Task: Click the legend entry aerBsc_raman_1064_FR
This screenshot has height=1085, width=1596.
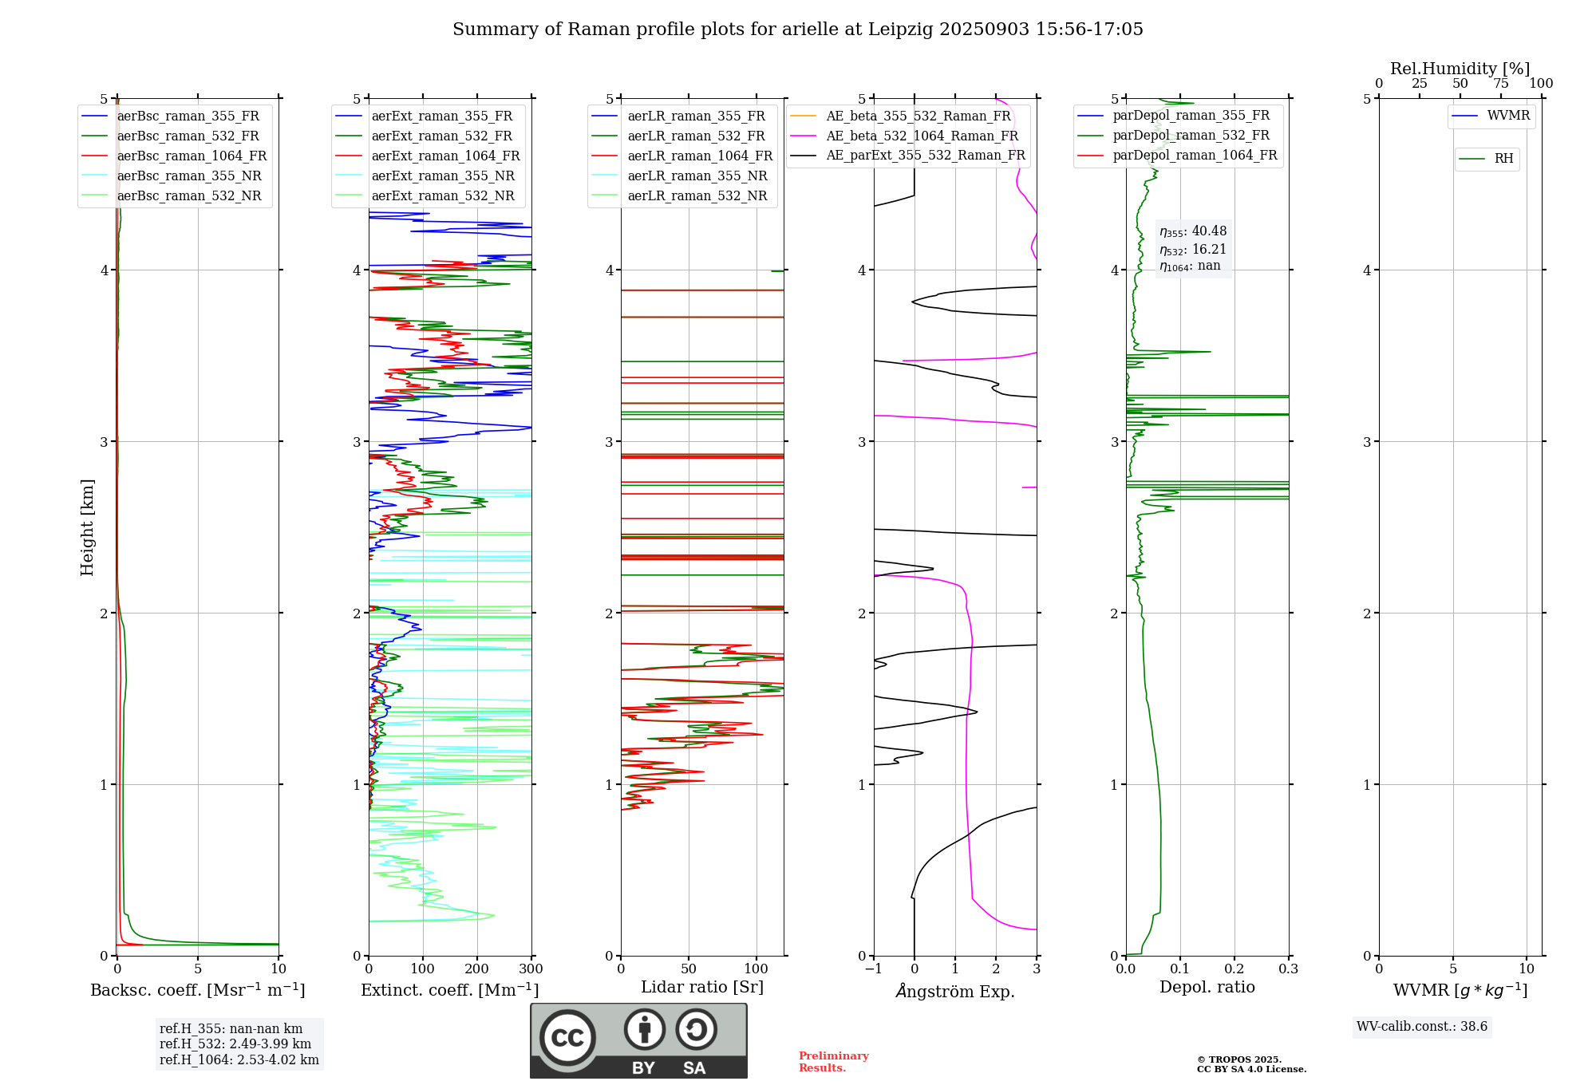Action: click(x=192, y=156)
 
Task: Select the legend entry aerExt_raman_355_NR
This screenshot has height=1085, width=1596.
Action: click(x=443, y=176)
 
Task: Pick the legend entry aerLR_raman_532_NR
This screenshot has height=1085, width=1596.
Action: click(x=697, y=196)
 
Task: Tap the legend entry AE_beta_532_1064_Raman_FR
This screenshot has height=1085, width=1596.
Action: click(x=922, y=136)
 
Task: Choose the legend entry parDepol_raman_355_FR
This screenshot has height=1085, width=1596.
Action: click(x=1191, y=116)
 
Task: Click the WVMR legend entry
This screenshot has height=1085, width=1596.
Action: click(x=1508, y=116)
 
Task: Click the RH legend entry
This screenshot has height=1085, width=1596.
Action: click(x=1503, y=159)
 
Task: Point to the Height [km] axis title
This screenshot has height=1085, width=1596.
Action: click(x=87, y=527)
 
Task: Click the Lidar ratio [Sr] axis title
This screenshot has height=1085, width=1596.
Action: click(x=702, y=987)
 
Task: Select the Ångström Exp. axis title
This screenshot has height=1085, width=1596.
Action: click(x=955, y=991)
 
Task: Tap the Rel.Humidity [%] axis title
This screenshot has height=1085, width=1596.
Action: click(x=1460, y=69)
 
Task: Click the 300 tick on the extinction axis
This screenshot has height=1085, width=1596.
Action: click(x=531, y=969)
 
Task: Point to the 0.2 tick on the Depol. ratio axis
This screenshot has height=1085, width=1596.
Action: click(x=1234, y=969)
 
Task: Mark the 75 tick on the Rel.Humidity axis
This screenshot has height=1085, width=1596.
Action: click(x=1501, y=84)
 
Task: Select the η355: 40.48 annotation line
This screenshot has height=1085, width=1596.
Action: click(x=1193, y=231)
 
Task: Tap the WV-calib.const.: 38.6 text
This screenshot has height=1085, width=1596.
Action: click(x=1422, y=1027)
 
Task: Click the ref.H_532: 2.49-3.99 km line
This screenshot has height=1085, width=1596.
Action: click(x=235, y=1044)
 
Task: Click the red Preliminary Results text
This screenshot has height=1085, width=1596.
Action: click(x=833, y=1062)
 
